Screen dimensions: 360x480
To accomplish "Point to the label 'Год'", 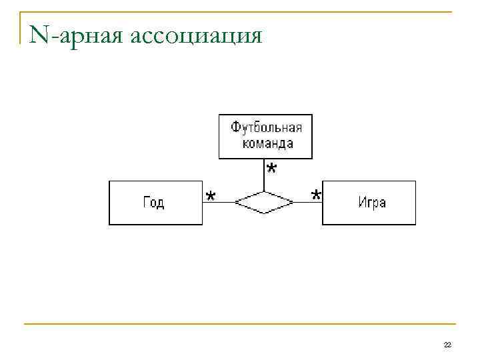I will pos(154,203).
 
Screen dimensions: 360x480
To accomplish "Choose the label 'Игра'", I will pos(372,203).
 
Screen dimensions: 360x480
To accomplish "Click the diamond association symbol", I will pos(265,202).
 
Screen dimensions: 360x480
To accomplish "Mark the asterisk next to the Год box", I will pos(211,196).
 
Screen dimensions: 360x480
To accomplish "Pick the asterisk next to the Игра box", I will pos(315,195).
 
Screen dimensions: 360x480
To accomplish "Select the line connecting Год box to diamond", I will pos(218,202).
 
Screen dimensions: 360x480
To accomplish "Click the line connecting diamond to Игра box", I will pos(308,202).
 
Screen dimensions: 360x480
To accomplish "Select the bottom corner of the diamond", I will pos(265,213).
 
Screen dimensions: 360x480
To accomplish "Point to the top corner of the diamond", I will pos(265,191).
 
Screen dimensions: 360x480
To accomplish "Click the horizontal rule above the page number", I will pos(240,325).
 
